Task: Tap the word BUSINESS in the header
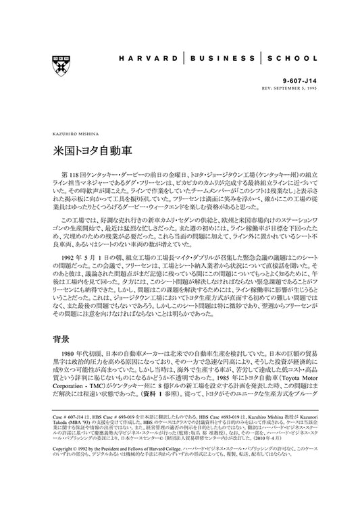(x=227, y=59)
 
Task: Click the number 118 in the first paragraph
(x=76, y=167)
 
